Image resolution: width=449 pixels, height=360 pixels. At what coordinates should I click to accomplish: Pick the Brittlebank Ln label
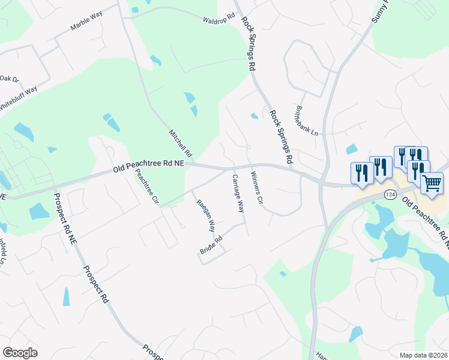[x=306, y=121]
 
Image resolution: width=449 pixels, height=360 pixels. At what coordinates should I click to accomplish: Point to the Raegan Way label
[x=206, y=216]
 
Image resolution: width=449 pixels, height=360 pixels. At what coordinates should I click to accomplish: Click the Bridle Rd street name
[x=212, y=246]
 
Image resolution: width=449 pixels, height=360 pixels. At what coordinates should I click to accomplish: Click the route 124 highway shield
[x=391, y=194]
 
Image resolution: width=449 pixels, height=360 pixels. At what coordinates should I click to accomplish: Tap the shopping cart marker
[x=432, y=182]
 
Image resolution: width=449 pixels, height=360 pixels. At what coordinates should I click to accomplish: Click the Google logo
[x=20, y=353]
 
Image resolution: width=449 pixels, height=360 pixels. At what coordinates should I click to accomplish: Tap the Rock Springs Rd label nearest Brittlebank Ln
[x=281, y=137]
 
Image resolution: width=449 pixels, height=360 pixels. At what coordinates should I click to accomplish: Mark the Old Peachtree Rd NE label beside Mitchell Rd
[x=149, y=167]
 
